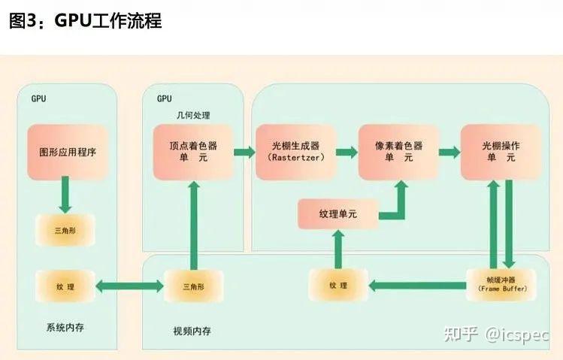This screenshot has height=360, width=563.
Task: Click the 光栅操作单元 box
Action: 501,151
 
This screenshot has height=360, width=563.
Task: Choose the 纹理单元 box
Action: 337,214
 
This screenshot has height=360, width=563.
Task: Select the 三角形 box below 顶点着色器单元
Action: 193,286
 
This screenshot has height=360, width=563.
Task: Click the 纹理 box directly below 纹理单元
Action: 337,286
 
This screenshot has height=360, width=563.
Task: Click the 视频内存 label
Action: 191,331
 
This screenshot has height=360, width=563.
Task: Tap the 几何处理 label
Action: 192,115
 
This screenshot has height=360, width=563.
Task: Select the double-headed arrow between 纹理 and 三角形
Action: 129,286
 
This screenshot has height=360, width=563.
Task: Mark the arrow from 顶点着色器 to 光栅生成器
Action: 244,152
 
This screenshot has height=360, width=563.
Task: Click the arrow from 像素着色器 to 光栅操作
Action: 449,152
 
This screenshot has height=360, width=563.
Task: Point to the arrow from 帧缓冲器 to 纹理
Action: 416,286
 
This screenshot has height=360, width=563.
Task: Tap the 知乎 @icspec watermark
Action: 496,334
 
